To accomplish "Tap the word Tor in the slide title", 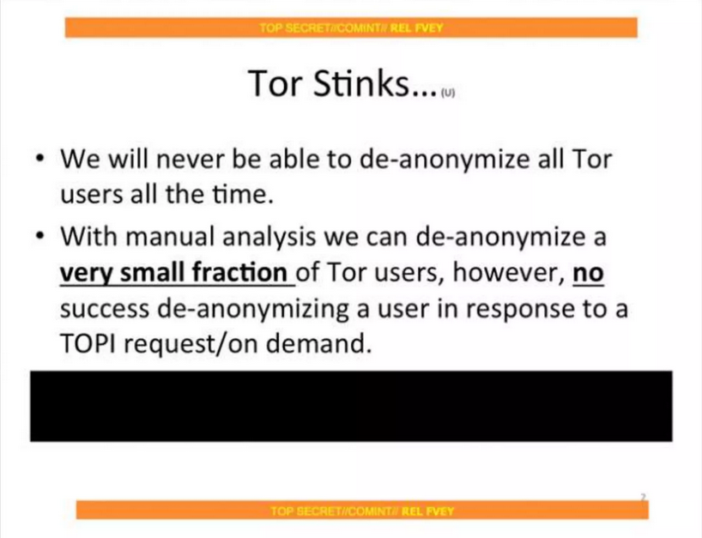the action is click(275, 83).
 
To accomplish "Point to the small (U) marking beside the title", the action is click(448, 93).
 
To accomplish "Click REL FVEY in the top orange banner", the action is click(417, 27).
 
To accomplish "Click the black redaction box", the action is click(351, 406).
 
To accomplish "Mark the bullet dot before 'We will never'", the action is click(40, 159).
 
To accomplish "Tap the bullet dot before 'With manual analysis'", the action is click(40, 236).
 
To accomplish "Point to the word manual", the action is click(171, 236).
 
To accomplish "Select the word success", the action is click(105, 310).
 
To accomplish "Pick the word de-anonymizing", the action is click(253, 310).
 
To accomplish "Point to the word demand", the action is click(318, 344).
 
